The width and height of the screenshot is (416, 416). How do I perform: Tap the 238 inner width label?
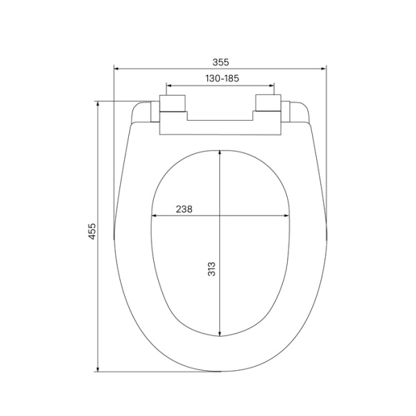coord(184,209)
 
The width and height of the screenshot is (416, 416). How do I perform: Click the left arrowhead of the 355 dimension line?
coord(116,69)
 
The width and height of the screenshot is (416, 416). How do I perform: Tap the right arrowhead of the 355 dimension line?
coord(324,69)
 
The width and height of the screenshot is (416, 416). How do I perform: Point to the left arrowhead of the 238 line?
coord(153,216)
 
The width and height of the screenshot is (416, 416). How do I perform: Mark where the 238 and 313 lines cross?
coord(220,216)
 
